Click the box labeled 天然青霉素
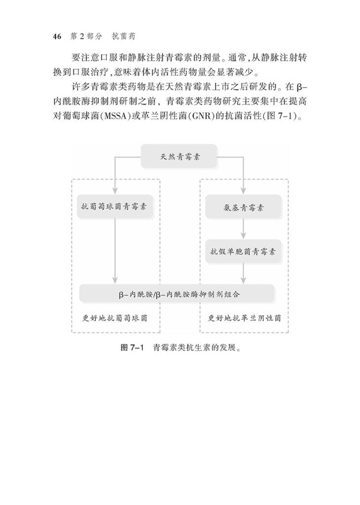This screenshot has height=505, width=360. pos(179,157)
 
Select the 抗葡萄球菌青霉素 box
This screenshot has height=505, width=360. pos(114,207)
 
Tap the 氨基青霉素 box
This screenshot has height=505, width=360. pos(244,207)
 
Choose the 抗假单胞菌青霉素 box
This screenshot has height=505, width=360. pos(244,250)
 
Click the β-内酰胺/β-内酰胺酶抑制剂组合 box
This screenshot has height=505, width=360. pos(178,294)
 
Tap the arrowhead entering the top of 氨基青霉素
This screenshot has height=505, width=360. pos(244,191)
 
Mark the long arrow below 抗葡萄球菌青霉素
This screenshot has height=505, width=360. pos(114,251)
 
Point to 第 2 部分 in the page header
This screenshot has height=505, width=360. pos(86,37)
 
